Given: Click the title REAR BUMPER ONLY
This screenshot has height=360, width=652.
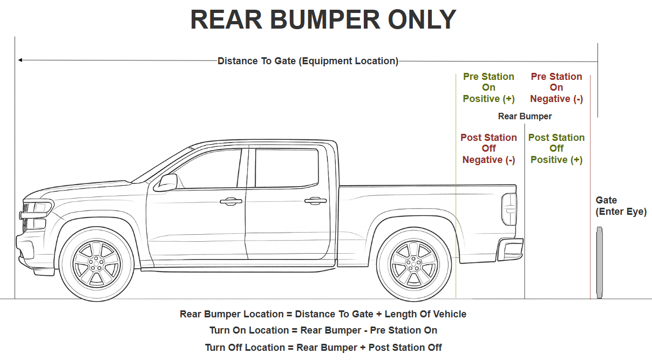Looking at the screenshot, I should [323, 20].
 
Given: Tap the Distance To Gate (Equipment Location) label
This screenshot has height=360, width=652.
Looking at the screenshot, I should [308, 61].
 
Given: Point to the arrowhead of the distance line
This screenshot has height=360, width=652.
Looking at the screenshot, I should [20, 60].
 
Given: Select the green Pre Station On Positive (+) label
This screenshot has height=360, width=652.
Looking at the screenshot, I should [488, 87].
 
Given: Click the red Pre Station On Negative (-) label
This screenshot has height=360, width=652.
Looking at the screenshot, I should [556, 87].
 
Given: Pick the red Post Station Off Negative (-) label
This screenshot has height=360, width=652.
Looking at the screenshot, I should [488, 148].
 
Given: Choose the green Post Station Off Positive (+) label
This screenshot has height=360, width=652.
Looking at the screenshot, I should [556, 148].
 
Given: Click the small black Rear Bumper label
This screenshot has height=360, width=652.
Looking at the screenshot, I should [525, 116].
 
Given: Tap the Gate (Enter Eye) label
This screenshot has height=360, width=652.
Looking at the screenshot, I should [621, 206].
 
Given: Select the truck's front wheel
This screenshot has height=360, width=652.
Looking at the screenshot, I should [97, 264].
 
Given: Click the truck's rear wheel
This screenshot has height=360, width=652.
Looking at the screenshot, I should [414, 264].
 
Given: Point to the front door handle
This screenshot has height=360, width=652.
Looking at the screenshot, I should [231, 201].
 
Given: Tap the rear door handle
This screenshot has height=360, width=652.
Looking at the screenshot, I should [316, 201].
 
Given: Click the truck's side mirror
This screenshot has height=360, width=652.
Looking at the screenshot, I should [166, 182].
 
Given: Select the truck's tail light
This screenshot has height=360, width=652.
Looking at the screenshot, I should [509, 209].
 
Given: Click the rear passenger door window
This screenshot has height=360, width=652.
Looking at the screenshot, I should [287, 168].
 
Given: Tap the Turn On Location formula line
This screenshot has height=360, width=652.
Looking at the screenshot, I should [323, 330].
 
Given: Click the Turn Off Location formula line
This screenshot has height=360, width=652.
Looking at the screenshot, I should [323, 347].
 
